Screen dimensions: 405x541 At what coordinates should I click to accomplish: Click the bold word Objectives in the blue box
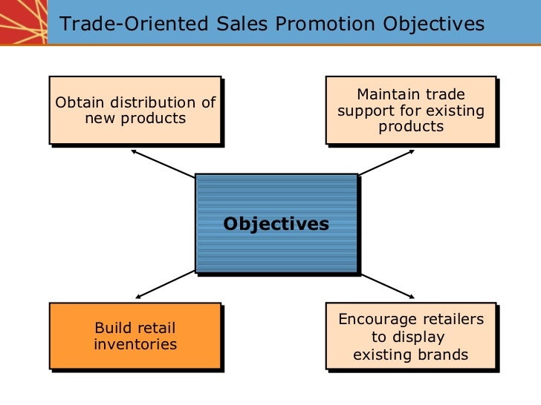[x=276, y=224]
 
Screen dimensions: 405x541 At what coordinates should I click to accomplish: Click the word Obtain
[x=80, y=102]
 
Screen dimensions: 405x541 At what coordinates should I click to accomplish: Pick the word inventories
[x=135, y=344]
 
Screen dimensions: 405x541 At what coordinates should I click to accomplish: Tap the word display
[x=418, y=337]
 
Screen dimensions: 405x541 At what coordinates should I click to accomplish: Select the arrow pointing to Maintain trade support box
[x=386, y=163]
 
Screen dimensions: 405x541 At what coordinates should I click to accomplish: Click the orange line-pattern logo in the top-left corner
[x=22, y=22]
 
